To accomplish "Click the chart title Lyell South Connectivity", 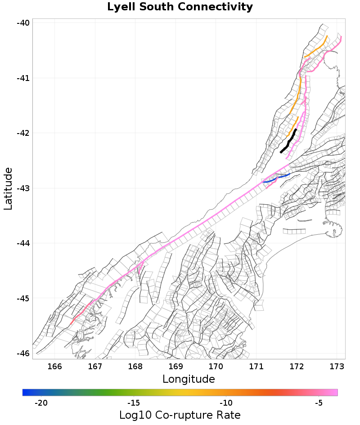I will point(180,7).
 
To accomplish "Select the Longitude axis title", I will point(189,379).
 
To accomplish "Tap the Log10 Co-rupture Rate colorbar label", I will point(180,415).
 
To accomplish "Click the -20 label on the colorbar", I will point(41,403).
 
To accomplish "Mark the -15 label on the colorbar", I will point(134,403).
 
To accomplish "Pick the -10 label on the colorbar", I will point(226,403).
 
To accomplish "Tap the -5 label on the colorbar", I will point(319,403).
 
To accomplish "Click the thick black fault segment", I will point(289,141).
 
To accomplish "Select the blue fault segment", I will point(275,179).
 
